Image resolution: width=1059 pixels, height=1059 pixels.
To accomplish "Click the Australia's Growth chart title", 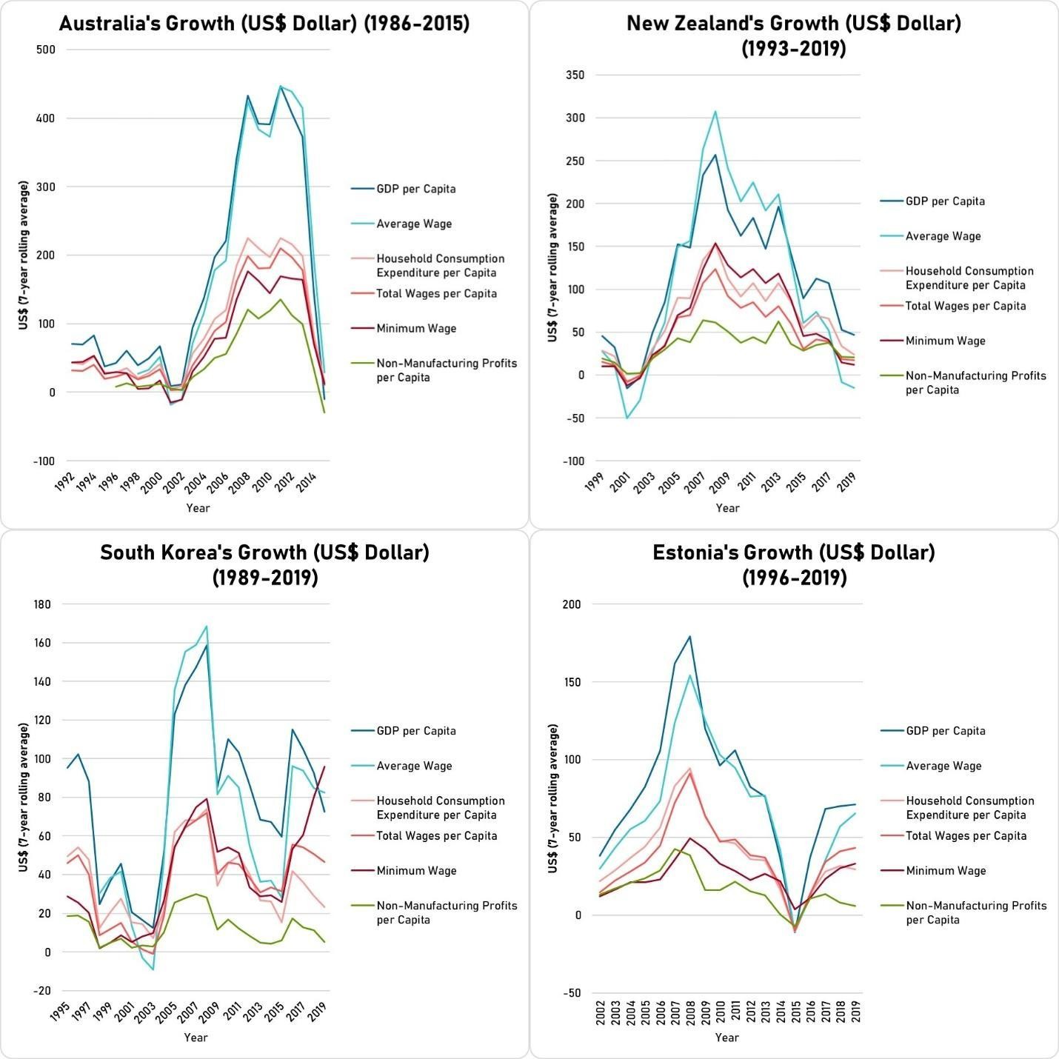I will click(x=264, y=24).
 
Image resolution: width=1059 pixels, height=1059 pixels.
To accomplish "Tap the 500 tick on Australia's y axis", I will click(x=46, y=50).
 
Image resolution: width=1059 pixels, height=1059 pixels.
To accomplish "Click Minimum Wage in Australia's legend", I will click(x=416, y=328).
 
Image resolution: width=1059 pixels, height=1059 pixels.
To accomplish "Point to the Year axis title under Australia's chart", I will click(x=198, y=508).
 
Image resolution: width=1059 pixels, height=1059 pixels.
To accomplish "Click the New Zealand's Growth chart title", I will click(x=794, y=36).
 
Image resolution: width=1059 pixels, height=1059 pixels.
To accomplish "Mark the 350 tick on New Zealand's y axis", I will click(x=575, y=75).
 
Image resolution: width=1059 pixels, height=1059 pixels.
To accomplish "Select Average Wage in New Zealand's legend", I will click(x=943, y=236).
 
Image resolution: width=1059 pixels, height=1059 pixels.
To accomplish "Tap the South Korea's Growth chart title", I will click(x=264, y=564).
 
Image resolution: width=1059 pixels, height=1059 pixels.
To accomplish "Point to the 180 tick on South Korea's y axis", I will click(x=42, y=604).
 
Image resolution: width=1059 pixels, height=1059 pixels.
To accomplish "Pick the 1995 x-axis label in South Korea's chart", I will click(x=60, y=1012).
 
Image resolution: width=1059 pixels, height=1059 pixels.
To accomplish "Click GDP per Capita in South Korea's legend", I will click(x=416, y=731).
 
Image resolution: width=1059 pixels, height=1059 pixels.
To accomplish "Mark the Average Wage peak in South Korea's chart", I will click(x=207, y=627).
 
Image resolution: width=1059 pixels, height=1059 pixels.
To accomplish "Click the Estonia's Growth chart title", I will click(x=794, y=564).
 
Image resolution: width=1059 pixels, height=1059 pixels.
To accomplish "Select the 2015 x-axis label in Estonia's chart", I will click(x=796, y=1012).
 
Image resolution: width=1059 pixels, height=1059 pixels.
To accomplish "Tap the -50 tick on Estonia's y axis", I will click(x=572, y=993).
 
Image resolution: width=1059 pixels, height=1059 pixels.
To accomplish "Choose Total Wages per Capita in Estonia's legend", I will click(x=966, y=836).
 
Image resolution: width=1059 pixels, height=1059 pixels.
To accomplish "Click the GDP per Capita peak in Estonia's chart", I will click(x=690, y=636).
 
